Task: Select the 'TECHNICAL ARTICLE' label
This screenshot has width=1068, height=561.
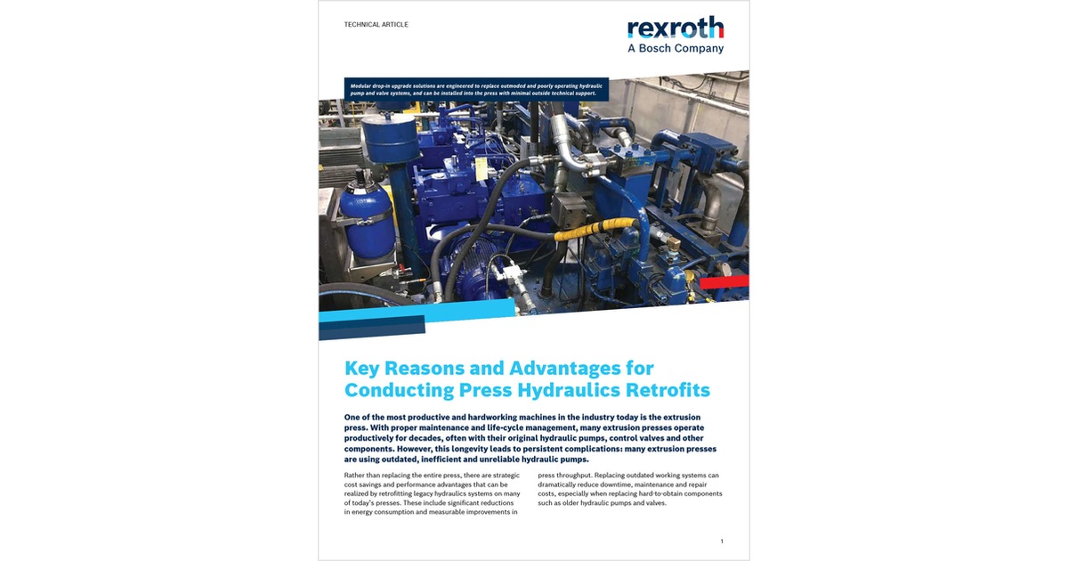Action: pos(376,25)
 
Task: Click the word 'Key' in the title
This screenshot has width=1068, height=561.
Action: pos(363,368)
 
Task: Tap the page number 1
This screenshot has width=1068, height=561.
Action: pos(722,541)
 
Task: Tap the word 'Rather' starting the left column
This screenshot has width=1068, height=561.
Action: pos(356,476)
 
